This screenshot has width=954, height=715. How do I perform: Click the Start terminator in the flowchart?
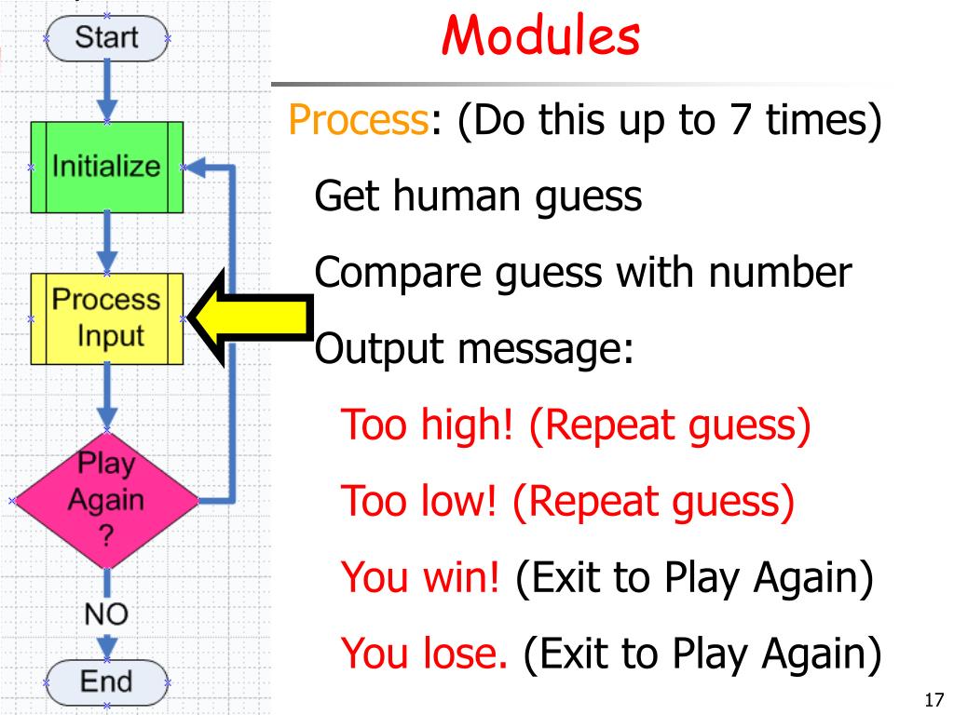(x=105, y=38)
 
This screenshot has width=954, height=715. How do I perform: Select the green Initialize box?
(x=106, y=169)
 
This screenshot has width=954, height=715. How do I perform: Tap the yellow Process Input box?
(x=106, y=317)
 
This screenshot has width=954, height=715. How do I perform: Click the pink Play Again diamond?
(x=105, y=500)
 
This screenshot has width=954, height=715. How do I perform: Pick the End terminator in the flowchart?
(x=105, y=681)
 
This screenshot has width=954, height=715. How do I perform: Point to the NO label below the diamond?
(x=105, y=614)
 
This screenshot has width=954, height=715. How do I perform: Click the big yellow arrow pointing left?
(x=252, y=316)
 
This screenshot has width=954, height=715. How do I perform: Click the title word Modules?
(x=540, y=38)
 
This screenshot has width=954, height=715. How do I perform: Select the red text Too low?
(x=425, y=502)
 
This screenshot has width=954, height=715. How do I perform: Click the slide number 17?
(x=935, y=699)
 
